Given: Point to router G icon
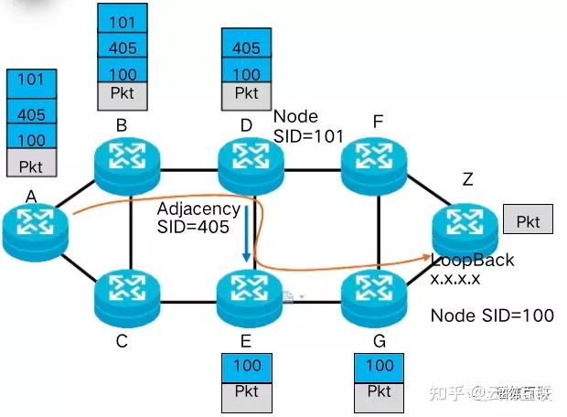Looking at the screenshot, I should click(x=374, y=294).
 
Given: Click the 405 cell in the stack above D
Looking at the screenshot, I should click(x=247, y=48).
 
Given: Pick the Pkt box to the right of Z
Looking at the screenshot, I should click(x=528, y=220).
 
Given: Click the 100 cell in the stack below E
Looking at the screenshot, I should click(x=247, y=366).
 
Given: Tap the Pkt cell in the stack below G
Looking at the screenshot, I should click(x=379, y=390).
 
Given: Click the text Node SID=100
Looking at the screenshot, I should click(x=491, y=315).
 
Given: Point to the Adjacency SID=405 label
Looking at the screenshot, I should click(x=198, y=218).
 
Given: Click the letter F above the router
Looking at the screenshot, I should click(x=377, y=121).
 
